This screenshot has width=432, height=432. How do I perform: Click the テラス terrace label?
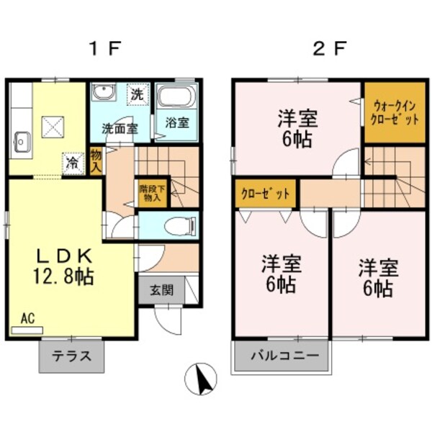point(71,356)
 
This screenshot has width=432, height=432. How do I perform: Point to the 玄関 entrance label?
point(161,291)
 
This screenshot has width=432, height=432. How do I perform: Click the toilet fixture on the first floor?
point(178,227)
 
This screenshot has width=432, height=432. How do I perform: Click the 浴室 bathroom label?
point(176,122)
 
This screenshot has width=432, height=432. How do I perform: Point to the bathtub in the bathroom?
point(175,98)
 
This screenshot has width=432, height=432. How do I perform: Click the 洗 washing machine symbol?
point(136,94)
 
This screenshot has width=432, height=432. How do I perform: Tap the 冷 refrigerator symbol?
point(72,162)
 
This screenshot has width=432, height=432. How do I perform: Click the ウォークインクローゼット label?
point(393,114)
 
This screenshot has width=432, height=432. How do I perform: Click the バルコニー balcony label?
point(279,355)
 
